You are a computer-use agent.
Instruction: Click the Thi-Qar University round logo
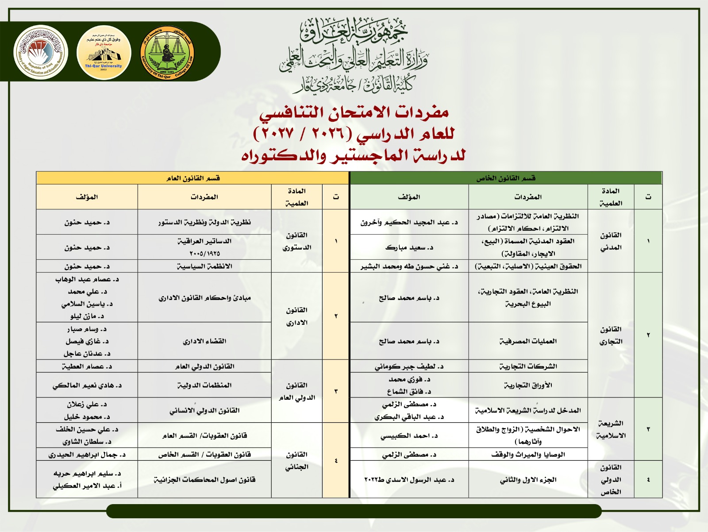click(x=104, y=53)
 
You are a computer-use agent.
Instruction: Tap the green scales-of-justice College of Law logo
click(x=167, y=53)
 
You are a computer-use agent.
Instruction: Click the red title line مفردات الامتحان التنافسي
click(x=354, y=113)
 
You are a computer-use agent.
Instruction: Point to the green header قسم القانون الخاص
click(x=506, y=178)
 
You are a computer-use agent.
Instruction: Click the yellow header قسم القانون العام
click(x=193, y=178)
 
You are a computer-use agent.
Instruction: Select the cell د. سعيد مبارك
click(x=409, y=247)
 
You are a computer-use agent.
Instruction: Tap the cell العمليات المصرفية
click(x=528, y=341)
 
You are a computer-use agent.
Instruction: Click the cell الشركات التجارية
click(x=528, y=366)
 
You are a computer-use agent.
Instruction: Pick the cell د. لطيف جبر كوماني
click(x=409, y=366)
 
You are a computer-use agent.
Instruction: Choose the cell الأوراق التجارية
click(x=528, y=385)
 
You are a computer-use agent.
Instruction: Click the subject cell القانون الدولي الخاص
click(x=611, y=479)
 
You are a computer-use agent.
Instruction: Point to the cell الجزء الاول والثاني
click(x=528, y=480)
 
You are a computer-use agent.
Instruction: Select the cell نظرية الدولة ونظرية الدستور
click(x=204, y=222)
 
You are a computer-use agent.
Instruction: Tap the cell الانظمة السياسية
click(x=204, y=266)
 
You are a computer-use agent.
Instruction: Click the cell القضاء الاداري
click(x=204, y=341)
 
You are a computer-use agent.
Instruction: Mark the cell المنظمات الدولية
click(x=204, y=385)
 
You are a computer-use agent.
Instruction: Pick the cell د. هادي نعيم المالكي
click(x=87, y=386)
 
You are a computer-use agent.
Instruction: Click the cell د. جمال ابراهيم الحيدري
click(x=87, y=455)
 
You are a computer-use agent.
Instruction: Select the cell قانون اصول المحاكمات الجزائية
click(x=204, y=480)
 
